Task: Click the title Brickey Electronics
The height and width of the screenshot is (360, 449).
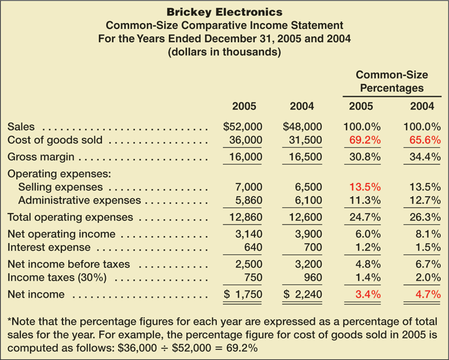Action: (225, 12)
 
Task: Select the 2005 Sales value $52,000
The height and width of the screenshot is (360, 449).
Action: (243, 127)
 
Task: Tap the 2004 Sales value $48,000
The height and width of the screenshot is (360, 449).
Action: (299, 127)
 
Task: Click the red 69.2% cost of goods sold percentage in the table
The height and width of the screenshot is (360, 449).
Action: (361, 140)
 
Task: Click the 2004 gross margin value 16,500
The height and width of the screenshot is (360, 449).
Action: (302, 157)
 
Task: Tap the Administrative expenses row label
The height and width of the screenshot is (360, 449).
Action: (79, 200)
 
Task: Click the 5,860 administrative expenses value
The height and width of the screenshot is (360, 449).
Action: (249, 200)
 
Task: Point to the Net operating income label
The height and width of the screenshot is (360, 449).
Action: (61, 234)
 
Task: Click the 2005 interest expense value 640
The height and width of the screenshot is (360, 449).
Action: (254, 248)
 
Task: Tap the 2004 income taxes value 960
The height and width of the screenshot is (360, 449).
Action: (308, 278)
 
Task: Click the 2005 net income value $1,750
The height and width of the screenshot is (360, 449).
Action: (243, 295)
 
